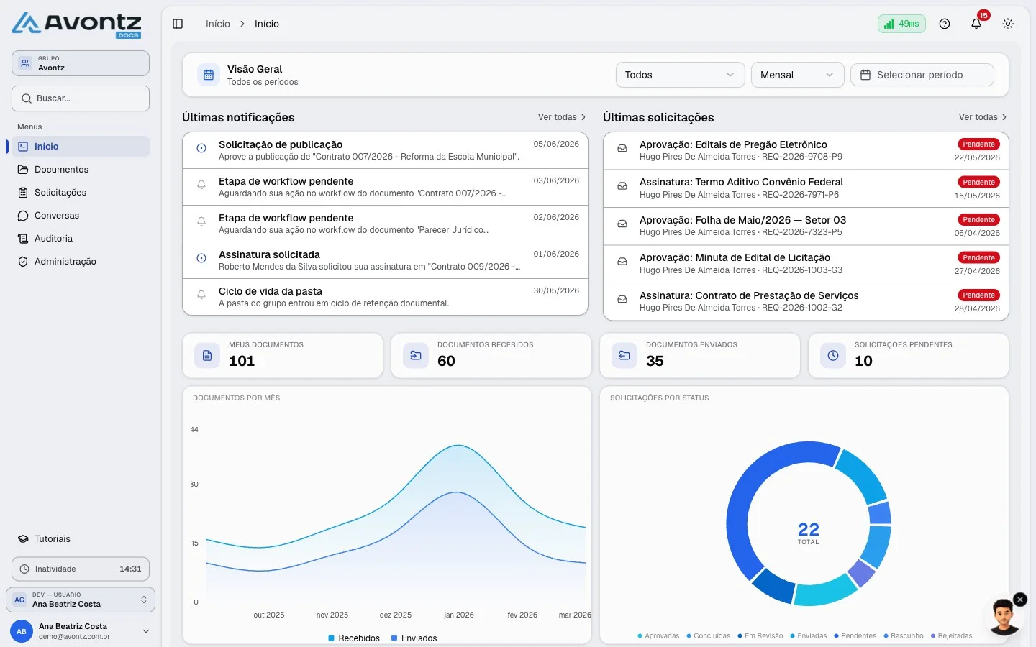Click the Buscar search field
[x=81, y=98]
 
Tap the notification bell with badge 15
[x=976, y=23]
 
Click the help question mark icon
[x=945, y=24]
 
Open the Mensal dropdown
[x=797, y=75]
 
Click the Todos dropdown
[x=680, y=75]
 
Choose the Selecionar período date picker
[x=922, y=75]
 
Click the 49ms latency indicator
[x=901, y=24]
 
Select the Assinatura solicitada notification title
[x=269, y=254]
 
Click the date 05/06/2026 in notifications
[x=556, y=144]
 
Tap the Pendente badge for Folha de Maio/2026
[x=978, y=219]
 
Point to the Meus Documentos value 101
[x=242, y=361]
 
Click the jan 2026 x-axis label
[x=459, y=615]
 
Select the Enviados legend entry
[x=414, y=638]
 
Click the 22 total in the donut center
[x=808, y=529]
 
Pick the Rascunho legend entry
[x=904, y=636]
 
